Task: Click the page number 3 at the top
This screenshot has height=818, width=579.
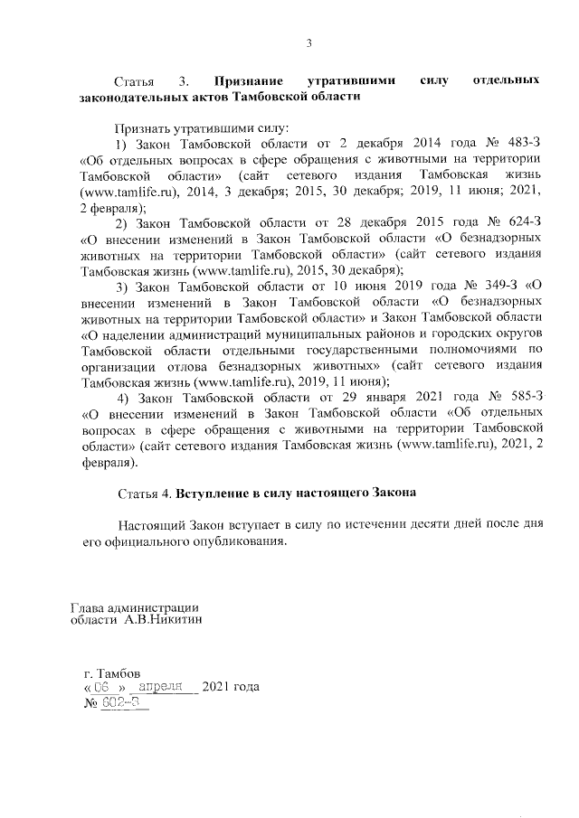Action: click(308, 42)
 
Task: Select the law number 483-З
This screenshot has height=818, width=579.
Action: click(524, 144)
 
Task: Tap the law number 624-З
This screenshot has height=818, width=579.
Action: click(523, 221)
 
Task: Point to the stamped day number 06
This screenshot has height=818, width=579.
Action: click(114, 687)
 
